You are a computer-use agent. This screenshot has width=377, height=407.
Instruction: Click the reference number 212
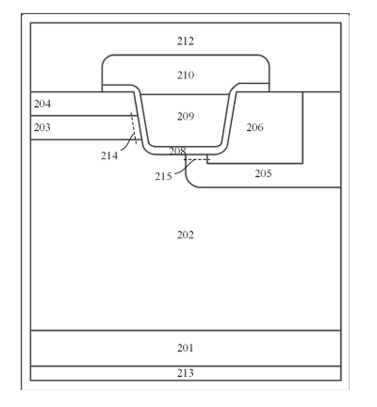pyautogui.click(x=186, y=41)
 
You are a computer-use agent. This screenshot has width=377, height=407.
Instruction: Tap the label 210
pyautogui.click(x=186, y=75)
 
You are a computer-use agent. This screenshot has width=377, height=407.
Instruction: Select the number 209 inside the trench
pyautogui.click(x=186, y=117)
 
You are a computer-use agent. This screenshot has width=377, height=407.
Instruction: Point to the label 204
pyautogui.click(x=42, y=104)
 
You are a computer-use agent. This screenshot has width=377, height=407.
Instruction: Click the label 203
pyautogui.click(x=42, y=127)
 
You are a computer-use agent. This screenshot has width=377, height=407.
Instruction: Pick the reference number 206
pyautogui.click(x=254, y=127)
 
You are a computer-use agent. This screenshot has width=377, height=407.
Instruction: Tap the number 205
pyautogui.click(x=263, y=173)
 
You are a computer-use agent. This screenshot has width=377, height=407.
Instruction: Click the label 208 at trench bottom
pyautogui.click(x=177, y=152)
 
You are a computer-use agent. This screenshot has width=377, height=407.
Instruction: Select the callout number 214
pyautogui.click(x=109, y=155)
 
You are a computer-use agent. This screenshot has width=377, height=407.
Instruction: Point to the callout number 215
pyautogui.click(x=163, y=177)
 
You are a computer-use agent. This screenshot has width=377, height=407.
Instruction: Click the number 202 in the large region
pyautogui.click(x=186, y=235)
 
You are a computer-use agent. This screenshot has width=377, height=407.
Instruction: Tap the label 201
pyautogui.click(x=186, y=349)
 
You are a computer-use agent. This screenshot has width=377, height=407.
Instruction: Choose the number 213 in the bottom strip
pyautogui.click(x=186, y=373)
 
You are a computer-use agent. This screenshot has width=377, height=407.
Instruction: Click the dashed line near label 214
pyautogui.click(x=134, y=128)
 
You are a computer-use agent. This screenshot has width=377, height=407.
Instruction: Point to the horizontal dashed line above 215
pyautogui.click(x=197, y=160)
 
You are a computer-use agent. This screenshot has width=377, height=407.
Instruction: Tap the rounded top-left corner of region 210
pyautogui.click(x=106, y=58)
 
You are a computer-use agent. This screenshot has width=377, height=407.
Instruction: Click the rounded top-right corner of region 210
pyautogui.click(x=265, y=58)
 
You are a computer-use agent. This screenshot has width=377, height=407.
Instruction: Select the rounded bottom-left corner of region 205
pyautogui.click(x=189, y=184)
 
